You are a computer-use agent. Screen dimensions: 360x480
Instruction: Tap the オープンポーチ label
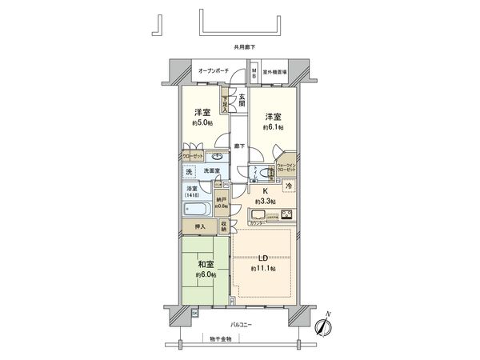click(x=214, y=71)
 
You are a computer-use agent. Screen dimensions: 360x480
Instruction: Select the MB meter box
click(x=254, y=72)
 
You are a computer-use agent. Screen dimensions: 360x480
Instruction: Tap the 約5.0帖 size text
click(x=201, y=124)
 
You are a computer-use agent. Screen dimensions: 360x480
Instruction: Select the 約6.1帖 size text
click(x=272, y=126)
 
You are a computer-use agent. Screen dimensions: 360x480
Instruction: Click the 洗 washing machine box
click(x=190, y=172)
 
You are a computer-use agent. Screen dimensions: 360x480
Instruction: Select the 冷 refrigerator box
click(x=290, y=186)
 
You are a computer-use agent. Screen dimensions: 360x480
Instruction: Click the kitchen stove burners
click(x=285, y=214)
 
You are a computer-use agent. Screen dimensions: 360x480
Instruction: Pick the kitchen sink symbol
click(x=259, y=214)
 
